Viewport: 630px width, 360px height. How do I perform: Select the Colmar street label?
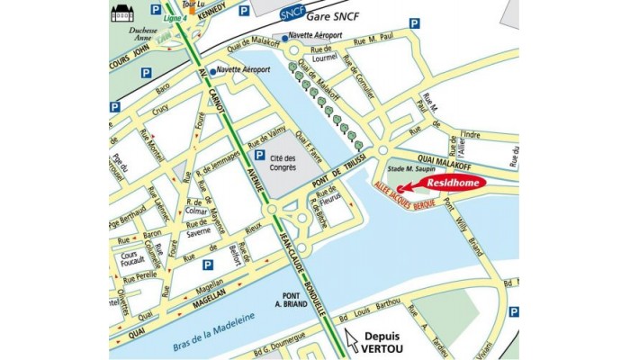click(x=196, y=213)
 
